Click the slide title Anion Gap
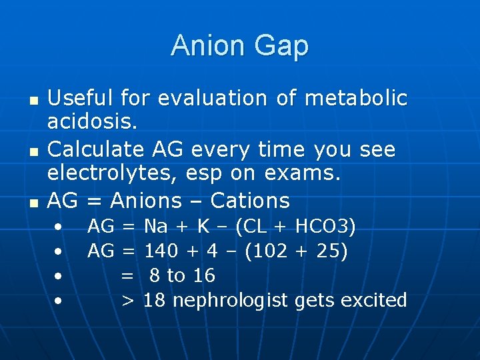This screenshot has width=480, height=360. click(x=239, y=46)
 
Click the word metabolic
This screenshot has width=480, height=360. click(x=355, y=98)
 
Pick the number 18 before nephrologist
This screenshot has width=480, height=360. click(x=154, y=300)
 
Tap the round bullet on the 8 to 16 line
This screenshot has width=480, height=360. click(x=59, y=275)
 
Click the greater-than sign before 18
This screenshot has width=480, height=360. click(x=128, y=300)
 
